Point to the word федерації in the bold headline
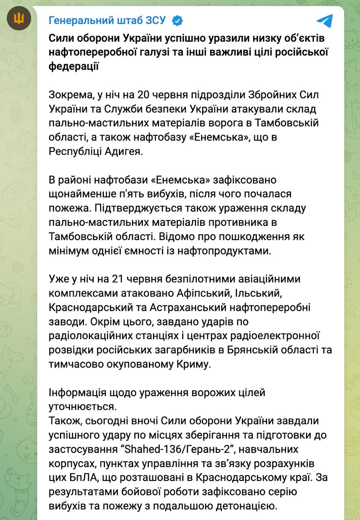pyautogui.click(x=73, y=66)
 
